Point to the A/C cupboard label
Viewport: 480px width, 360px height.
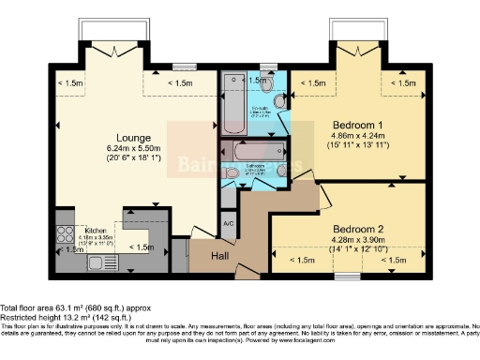(229, 222)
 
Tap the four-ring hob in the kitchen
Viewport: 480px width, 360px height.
(66, 229)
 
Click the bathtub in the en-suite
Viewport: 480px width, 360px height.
(232, 104)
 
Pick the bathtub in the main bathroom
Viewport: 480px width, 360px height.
(247, 150)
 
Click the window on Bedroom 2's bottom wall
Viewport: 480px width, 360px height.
(348, 275)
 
